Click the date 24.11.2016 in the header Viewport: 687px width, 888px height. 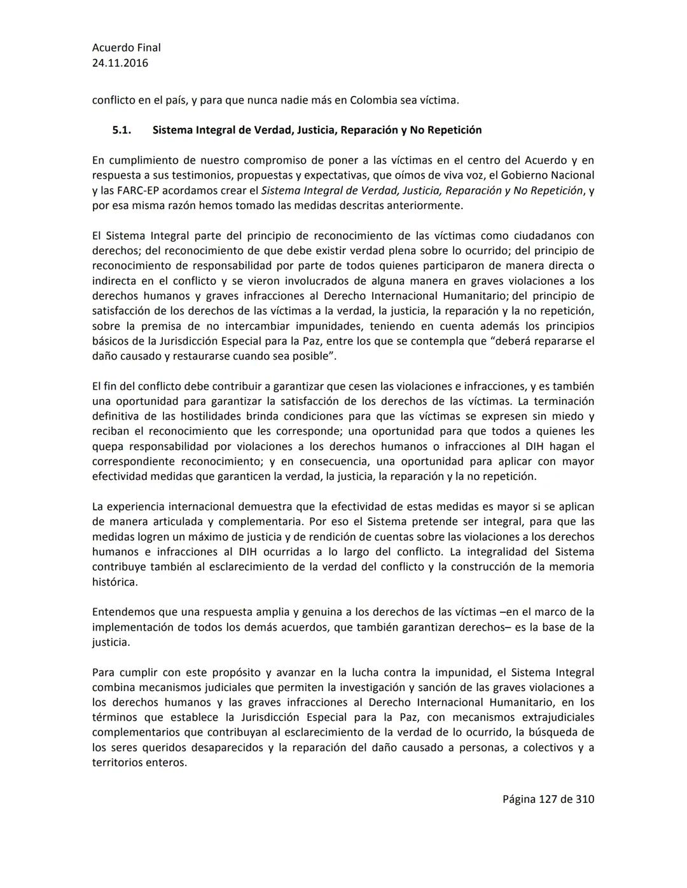click(x=120, y=63)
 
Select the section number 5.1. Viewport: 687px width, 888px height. click(x=121, y=130)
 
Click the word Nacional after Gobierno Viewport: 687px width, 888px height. click(x=571, y=175)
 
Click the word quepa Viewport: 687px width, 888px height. click(x=108, y=447)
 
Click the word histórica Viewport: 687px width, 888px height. click(x=114, y=582)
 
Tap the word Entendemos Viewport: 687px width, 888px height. click(x=123, y=612)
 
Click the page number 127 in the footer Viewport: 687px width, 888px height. click(x=548, y=799)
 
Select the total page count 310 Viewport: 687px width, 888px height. click(x=585, y=799)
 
